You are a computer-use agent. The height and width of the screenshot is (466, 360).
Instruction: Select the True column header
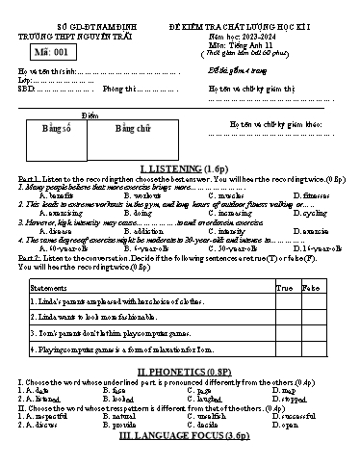click(284, 288)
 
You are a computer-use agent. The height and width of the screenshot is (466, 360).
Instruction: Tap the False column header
click(311, 288)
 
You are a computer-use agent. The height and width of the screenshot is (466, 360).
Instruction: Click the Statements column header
click(49, 288)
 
